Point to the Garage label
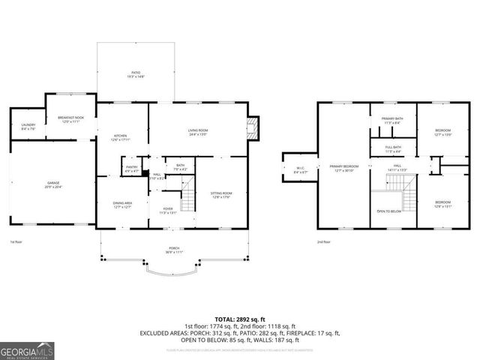pyautogui.click(x=52, y=184)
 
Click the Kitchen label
pyautogui.click(x=120, y=137)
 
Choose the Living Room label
pyautogui.click(x=198, y=132)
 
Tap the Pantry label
pyautogui.click(x=132, y=169)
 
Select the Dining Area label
pyautogui.click(x=122, y=204)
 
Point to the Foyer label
pyautogui.click(x=168, y=211)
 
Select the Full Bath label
pyautogui.click(x=393, y=148)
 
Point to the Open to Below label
pyautogui.click(x=389, y=211)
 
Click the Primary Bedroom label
pyautogui.click(x=344, y=167)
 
